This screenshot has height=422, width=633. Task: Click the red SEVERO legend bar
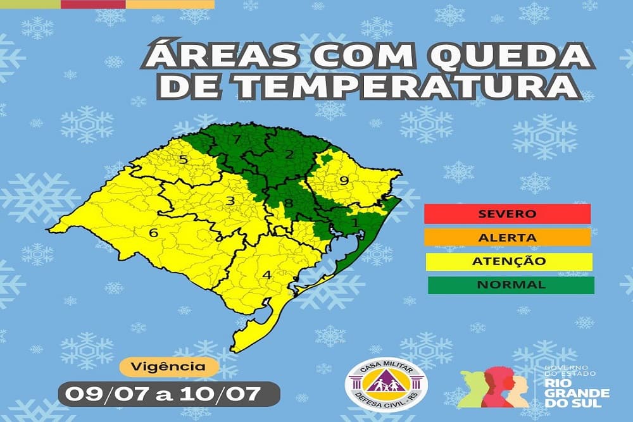tap(508, 214)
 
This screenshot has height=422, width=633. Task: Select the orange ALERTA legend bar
tap(508, 238)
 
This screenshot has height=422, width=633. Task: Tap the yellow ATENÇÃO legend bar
tap(508, 261)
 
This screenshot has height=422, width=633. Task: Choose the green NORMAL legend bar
tap(511, 285)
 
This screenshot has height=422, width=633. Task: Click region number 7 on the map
tap(237, 140)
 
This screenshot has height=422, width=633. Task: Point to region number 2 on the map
tap(289, 154)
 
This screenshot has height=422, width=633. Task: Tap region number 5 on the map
tap(184, 159)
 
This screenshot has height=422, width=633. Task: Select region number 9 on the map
tap(344, 181)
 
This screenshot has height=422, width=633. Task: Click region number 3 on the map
tap(231, 202)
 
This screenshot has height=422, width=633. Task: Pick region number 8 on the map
tap(289, 203)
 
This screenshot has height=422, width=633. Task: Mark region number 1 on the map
tap(354, 223)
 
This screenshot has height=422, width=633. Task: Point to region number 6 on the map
tap(153, 233)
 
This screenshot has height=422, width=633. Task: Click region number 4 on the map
tap(266, 275)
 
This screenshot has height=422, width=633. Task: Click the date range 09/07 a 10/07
tap(170, 394)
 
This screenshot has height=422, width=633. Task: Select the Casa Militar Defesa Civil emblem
tap(385, 385)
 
